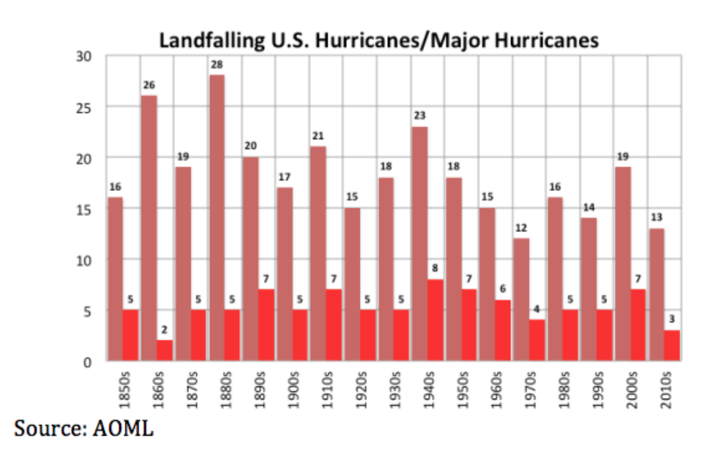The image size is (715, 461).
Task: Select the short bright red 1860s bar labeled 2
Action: (164, 351)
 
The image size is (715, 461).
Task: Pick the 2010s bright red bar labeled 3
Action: (671, 345)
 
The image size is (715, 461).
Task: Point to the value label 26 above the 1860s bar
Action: (149, 86)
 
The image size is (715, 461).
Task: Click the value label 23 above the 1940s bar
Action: (419, 116)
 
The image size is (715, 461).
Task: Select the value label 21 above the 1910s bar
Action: (317, 136)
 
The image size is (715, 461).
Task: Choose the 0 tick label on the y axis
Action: (88, 362)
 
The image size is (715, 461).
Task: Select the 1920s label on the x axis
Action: (359, 390)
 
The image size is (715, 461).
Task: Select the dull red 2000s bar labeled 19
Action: (623, 264)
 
